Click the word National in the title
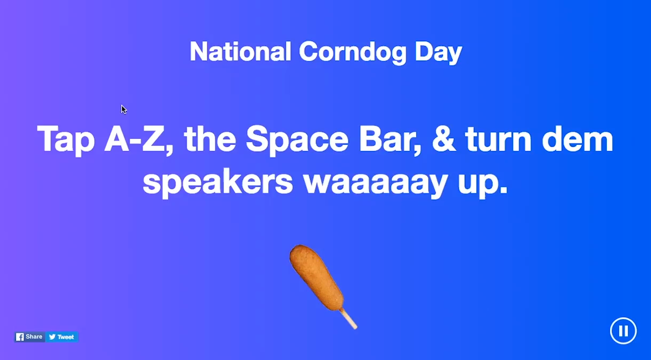240,52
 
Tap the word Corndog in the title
352,53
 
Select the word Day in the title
438,53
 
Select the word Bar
390,140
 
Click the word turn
498,139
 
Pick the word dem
578,139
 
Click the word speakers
218,182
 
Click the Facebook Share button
30,337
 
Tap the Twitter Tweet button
61,337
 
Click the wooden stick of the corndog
349,319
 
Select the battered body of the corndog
316,277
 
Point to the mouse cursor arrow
124,110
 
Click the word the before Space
210,139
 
